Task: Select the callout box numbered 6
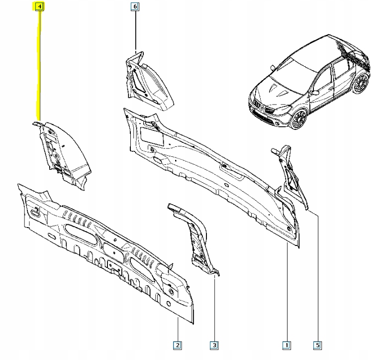pos(135,7)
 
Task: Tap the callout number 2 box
pos(178,344)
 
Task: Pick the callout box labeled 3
pos(214,344)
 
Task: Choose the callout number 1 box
pos(287,344)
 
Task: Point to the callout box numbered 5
pos(317,344)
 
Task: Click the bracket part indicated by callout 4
pos(63,152)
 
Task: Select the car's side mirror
pos(315,92)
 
